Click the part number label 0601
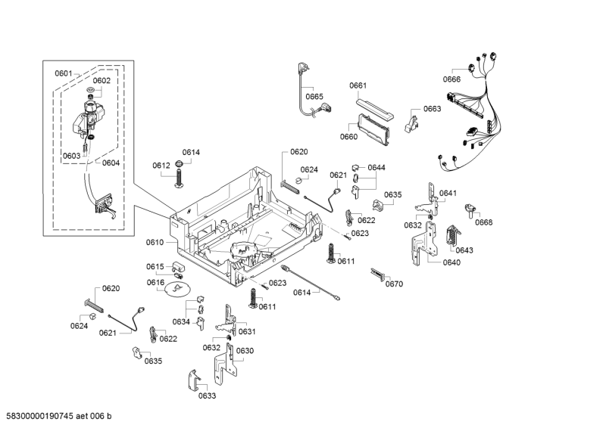[63, 73]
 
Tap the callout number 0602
[102, 81]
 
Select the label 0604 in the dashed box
[111, 163]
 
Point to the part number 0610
[155, 243]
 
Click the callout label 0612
[161, 165]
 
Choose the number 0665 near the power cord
[314, 96]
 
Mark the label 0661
[358, 85]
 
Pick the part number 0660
[348, 137]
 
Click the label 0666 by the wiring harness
[452, 79]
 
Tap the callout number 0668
[484, 222]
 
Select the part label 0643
[464, 250]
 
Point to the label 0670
[394, 284]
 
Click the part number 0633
[208, 395]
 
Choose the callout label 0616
[155, 283]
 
